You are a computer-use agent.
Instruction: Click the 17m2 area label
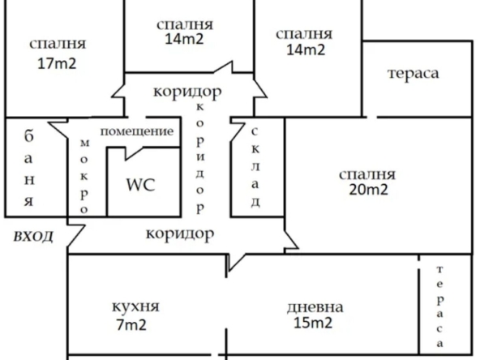(x=57, y=64)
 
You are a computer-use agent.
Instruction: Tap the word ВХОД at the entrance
(x=33, y=237)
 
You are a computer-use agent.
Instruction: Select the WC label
(x=139, y=183)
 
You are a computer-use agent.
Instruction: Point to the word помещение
(x=137, y=131)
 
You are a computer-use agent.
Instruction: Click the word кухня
(x=135, y=307)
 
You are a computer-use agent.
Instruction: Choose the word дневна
(x=315, y=308)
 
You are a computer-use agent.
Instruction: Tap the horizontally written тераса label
(x=413, y=74)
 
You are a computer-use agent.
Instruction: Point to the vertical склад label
(x=255, y=167)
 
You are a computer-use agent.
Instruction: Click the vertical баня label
(x=28, y=167)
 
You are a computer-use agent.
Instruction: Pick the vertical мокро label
(x=84, y=173)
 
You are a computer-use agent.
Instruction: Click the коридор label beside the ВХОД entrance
(x=179, y=235)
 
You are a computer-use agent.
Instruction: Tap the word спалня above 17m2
(x=57, y=44)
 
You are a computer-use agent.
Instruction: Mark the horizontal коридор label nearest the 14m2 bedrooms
(x=187, y=91)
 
